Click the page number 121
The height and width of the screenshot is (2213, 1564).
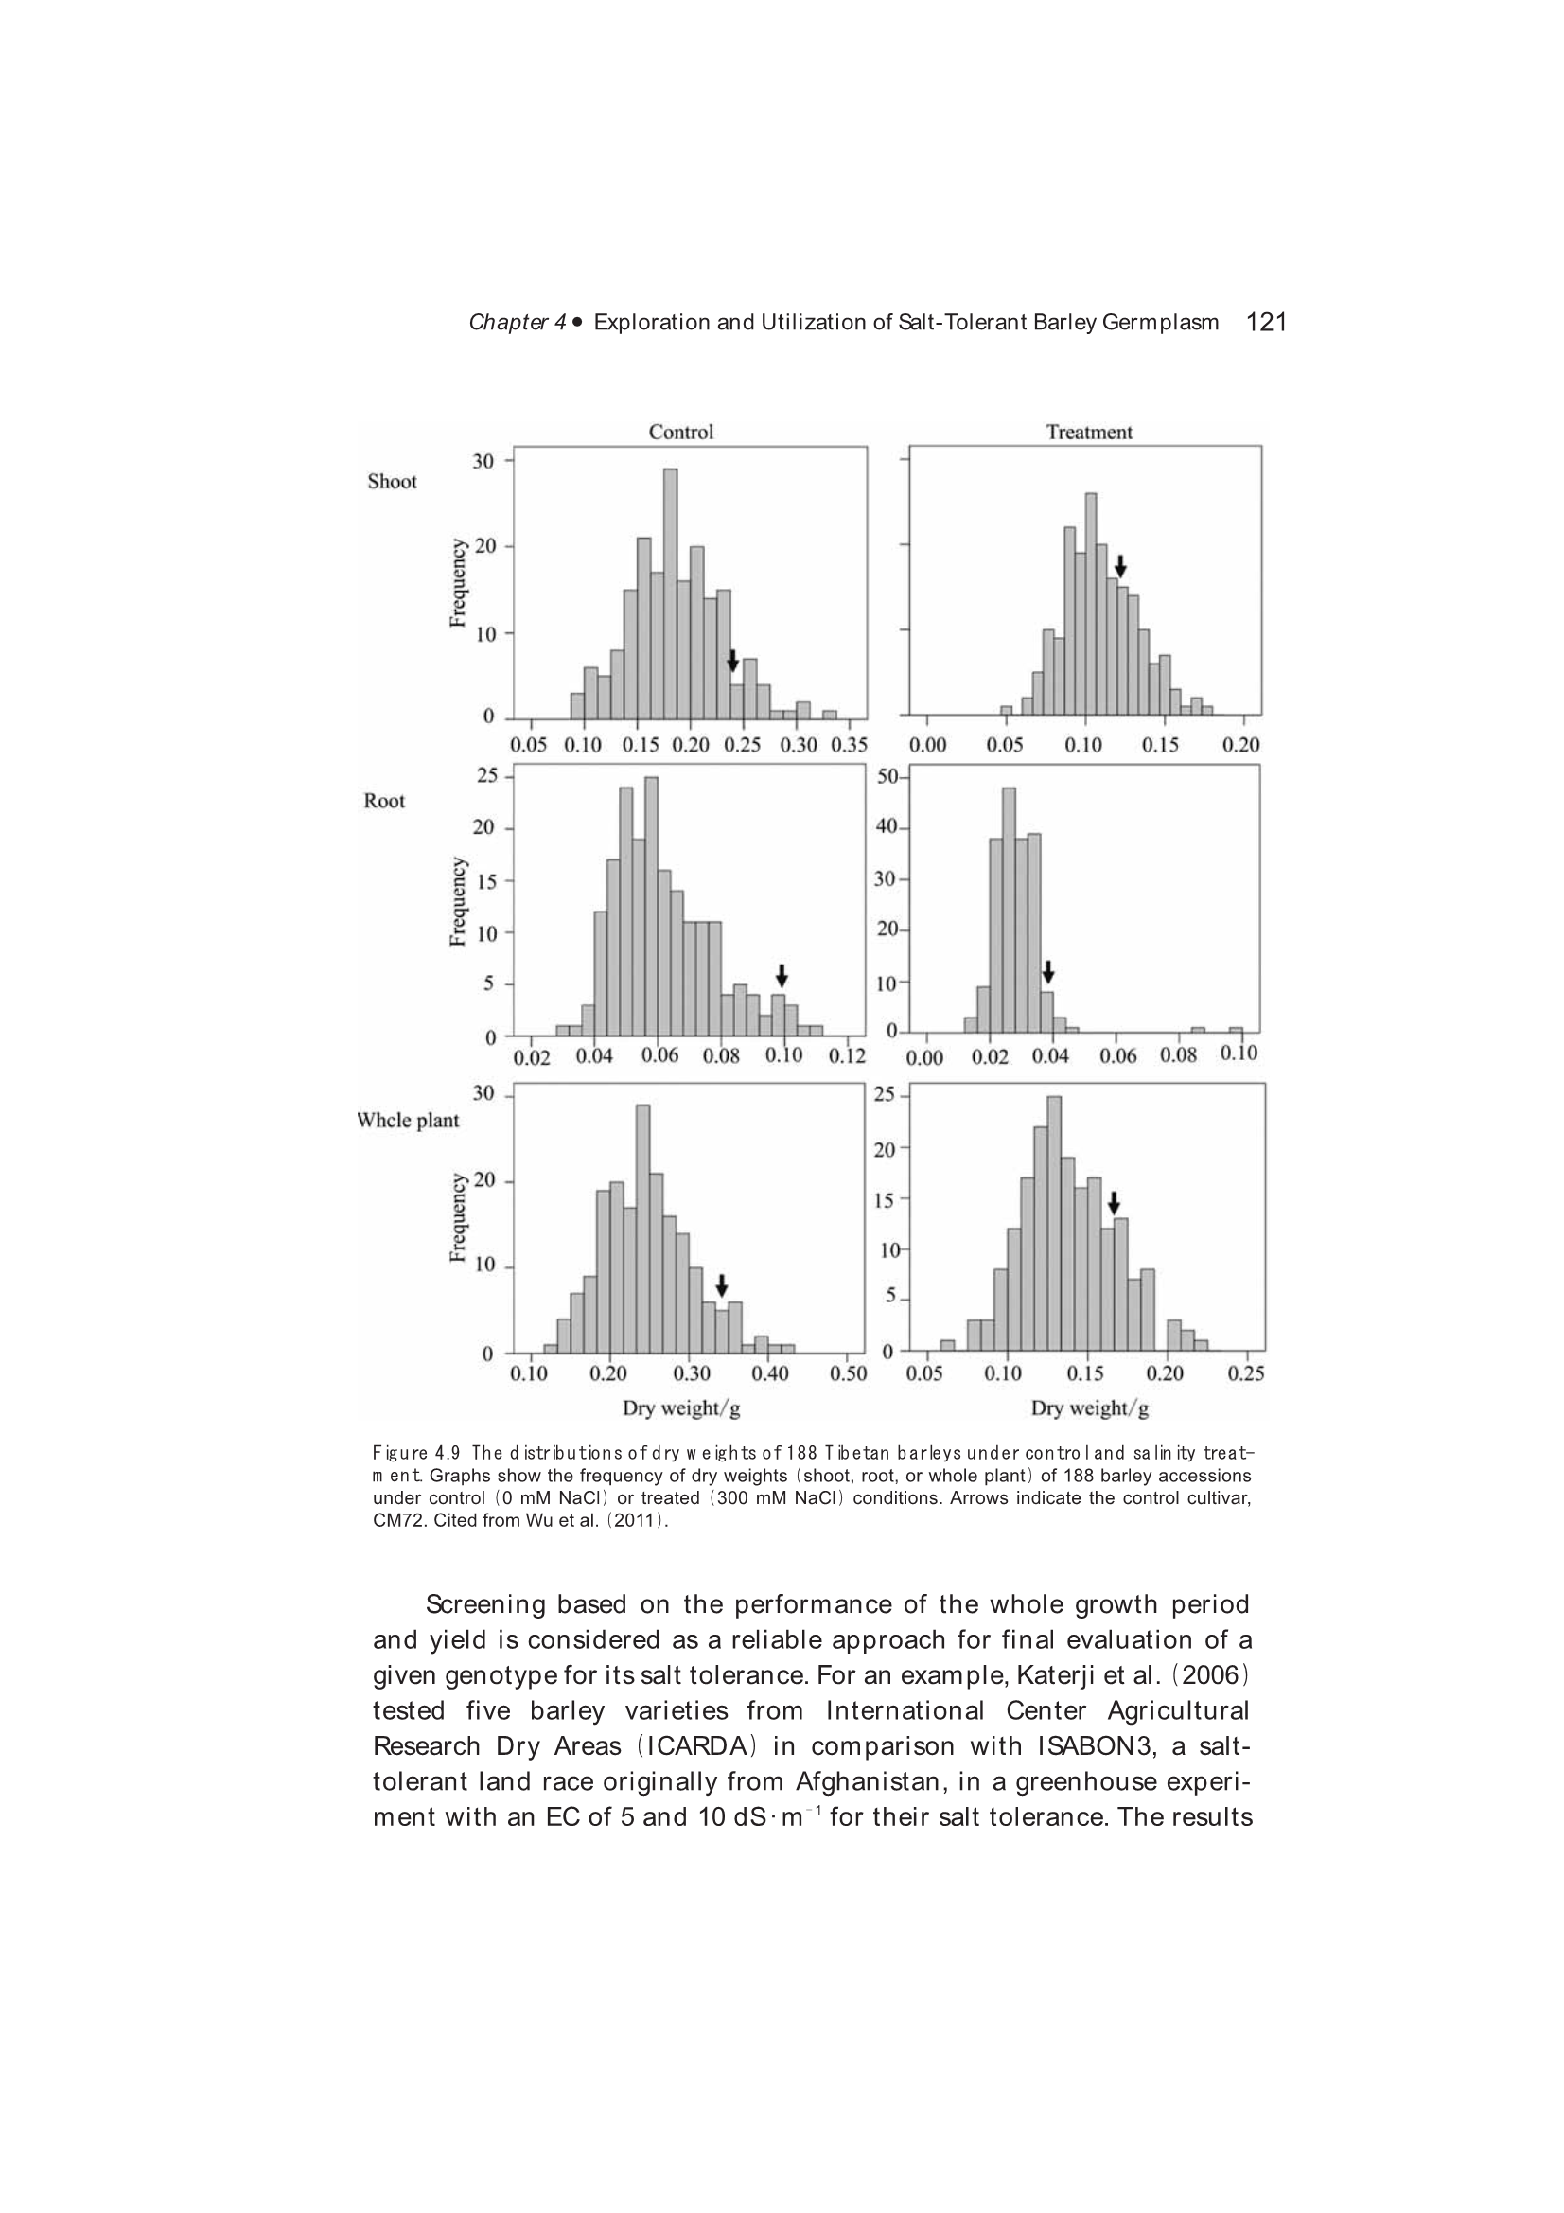tap(1266, 322)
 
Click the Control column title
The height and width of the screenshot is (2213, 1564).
tap(680, 432)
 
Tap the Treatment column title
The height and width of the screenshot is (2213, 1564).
tap(1089, 432)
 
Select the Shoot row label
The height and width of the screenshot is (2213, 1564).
tap(393, 482)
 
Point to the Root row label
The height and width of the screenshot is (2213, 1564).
tap(384, 801)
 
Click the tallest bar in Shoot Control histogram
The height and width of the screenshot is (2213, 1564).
tap(671, 593)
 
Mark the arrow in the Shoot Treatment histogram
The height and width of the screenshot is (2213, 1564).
tap(1119, 566)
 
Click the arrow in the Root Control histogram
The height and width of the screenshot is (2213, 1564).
tap(782, 974)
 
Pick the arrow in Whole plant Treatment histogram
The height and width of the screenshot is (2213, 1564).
tap(1114, 1203)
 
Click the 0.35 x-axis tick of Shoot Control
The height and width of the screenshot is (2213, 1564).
tap(849, 745)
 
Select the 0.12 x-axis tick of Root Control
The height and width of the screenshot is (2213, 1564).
tap(847, 1056)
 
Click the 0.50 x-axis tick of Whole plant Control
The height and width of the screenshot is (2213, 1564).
tap(848, 1373)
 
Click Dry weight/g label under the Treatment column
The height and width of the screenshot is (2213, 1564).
tap(1090, 1409)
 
